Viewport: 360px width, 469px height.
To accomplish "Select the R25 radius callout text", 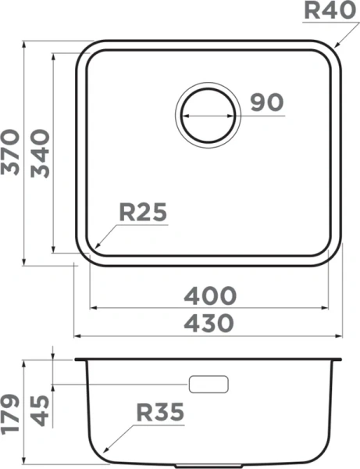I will [x=143, y=212].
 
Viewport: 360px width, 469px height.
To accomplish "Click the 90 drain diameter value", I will [x=267, y=102].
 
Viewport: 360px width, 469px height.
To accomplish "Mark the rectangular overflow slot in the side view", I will [x=209, y=384].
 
